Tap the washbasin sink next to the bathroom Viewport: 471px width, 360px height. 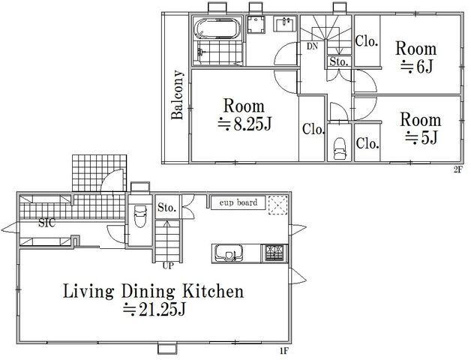click(x=284, y=23)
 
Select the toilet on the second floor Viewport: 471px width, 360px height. click(x=340, y=148)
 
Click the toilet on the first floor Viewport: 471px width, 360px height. click(x=140, y=216)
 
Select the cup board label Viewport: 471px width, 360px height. click(x=238, y=202)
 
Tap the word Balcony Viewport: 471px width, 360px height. click(x=177, y=95)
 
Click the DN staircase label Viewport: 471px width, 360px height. click(x=313, y=46)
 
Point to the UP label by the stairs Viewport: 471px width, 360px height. click(x=168, y=266)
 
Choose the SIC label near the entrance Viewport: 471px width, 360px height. click(x=46, y=223)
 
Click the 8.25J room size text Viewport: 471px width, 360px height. click(x=244, y=124)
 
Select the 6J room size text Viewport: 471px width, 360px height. click(x=417, y=67)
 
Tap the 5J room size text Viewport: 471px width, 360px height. click(x=421, y=138)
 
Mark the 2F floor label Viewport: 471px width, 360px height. click(x=457, y=170)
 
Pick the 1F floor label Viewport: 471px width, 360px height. click(x=284, y=351)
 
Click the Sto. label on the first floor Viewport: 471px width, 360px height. click(x=166, y=207)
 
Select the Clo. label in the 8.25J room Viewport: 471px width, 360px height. click(x=313, y=129)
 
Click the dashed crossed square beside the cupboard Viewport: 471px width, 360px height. click(x=278, y=205)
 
